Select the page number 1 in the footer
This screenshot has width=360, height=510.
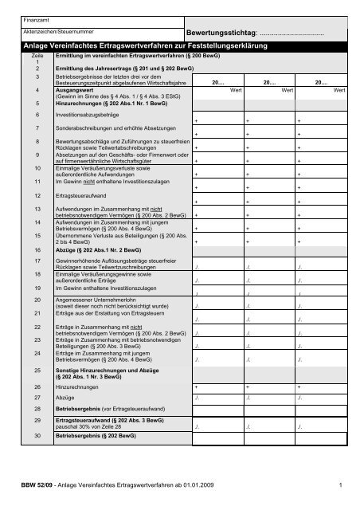[x=338, y=484]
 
